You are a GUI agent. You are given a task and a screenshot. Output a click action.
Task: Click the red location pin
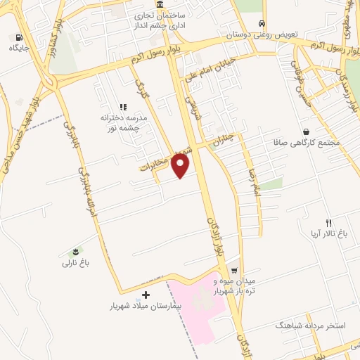pos(181,166)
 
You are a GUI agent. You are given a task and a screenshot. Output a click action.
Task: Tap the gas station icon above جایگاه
pos(17,37)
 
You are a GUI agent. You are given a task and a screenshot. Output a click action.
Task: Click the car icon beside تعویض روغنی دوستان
pos(262,22)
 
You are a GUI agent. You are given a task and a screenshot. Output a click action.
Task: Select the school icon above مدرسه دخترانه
pos(122,107)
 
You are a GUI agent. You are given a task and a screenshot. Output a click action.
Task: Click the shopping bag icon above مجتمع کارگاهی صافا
pos(306,131)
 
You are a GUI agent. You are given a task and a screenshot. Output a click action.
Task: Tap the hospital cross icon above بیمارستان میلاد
pos(146,295)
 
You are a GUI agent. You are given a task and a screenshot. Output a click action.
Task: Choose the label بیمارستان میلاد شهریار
pos(146,307)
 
